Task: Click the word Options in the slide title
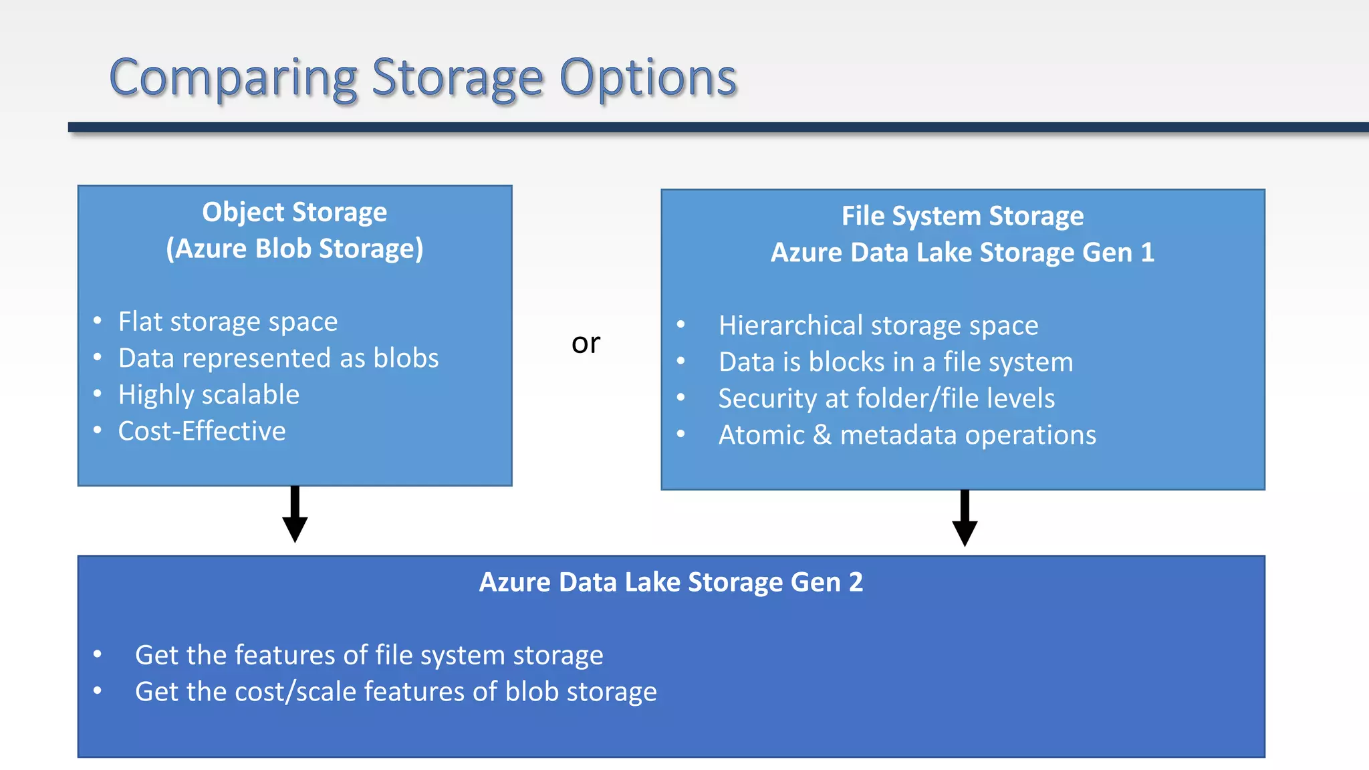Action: tap(648, 78)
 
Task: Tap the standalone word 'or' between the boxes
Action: tap(586, 343)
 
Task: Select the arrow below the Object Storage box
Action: tap(295, 515)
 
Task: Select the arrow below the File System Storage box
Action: tap(965, 519)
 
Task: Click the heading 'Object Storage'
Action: tap(295, 212)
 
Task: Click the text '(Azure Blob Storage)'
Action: tap(295, 249)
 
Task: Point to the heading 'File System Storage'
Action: tap(963, 216)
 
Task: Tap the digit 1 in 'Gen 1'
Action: tap(1147, 253)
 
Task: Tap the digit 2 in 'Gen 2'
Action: tap(856, 582)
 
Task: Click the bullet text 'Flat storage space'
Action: tap(228, 322)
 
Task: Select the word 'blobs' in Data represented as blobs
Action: tap(406, 358)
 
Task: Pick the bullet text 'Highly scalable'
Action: tap(209, 394)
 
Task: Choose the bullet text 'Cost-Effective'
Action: tap(202, 431)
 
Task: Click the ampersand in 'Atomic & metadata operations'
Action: tap(822, 435)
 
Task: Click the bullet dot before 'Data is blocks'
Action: tap(680, 362)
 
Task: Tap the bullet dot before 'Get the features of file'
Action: tap(98, 654)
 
